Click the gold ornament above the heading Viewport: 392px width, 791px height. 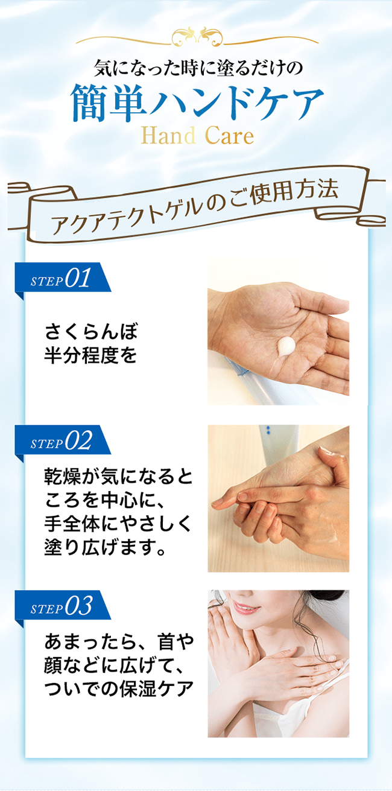pos(197,37)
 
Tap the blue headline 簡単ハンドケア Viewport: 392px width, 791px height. pos(197,103)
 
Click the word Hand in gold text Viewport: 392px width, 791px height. pos(168,136)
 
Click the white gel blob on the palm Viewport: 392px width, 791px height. pos(286,346)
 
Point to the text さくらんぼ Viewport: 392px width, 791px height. pos(92,331)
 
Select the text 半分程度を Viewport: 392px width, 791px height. pos(90,355)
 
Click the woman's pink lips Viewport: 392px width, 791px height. pos(246,608)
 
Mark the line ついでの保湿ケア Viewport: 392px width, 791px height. pos(119,688)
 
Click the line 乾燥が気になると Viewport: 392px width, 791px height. pos(119,477)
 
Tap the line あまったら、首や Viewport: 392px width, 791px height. pos(119,641)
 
